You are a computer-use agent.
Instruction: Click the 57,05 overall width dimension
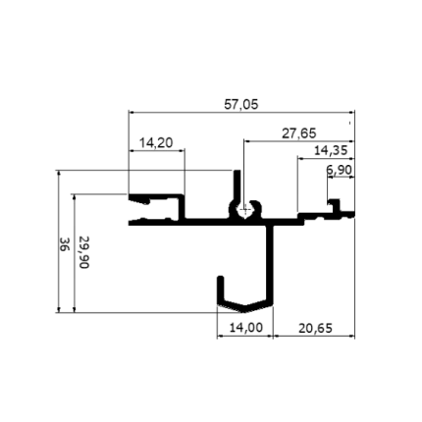[x=241, y=105]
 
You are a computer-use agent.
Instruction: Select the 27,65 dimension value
[x=299, y=133]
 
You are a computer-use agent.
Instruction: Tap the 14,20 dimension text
[x=156, y=143]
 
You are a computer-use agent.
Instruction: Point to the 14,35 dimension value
[x=331, y=151]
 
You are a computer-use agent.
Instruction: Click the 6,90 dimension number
[x=339, y=170]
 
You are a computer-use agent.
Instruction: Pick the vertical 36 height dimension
[x=65, y=244]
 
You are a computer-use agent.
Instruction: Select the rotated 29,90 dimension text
[x=84, y=252]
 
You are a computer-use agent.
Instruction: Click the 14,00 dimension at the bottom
[x=245, y=327]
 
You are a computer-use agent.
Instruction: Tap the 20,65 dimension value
[x=315, y=328]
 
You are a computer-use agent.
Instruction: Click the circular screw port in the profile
[x=244, y=211]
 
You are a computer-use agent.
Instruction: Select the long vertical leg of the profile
[x=270, y=262]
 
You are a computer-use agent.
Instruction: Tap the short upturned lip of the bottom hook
[x=221, y=290]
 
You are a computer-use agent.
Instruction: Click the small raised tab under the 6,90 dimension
[x=334, y=205]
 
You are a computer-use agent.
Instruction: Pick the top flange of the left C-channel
[x=156, y=197]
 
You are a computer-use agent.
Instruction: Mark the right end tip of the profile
[x=354, y=215]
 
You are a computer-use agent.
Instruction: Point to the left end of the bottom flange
[x=130, y=223]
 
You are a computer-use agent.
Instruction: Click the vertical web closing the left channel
[x=182, y=209]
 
